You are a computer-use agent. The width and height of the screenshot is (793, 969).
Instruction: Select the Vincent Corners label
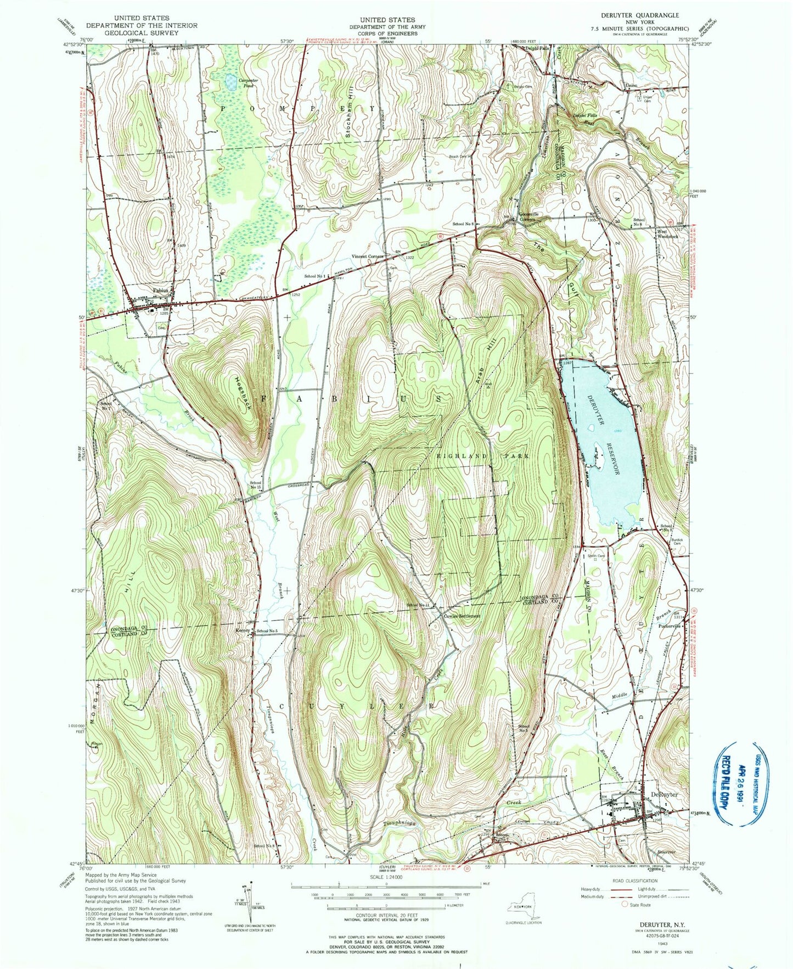point(368,257)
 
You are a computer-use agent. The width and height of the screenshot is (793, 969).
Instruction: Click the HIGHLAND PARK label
point(483,456)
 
